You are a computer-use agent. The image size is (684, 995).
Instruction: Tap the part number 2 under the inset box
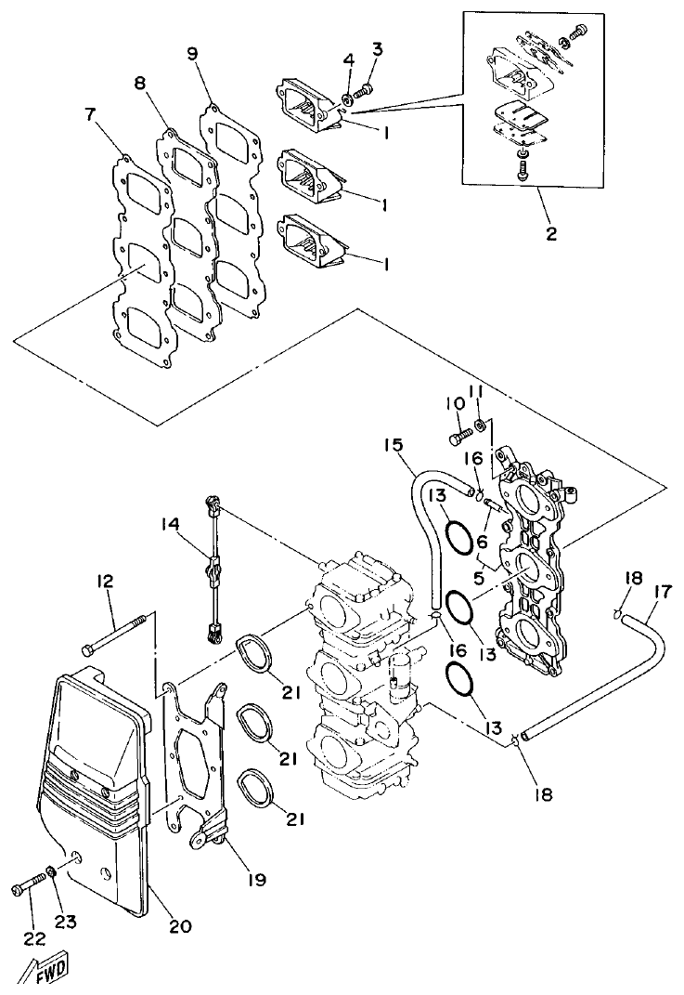[551, 233]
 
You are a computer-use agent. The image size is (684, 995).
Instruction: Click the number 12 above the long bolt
[103, 582]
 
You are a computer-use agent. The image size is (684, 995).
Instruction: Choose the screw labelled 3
[365, 89]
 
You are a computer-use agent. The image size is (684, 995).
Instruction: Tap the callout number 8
[141, 84]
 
